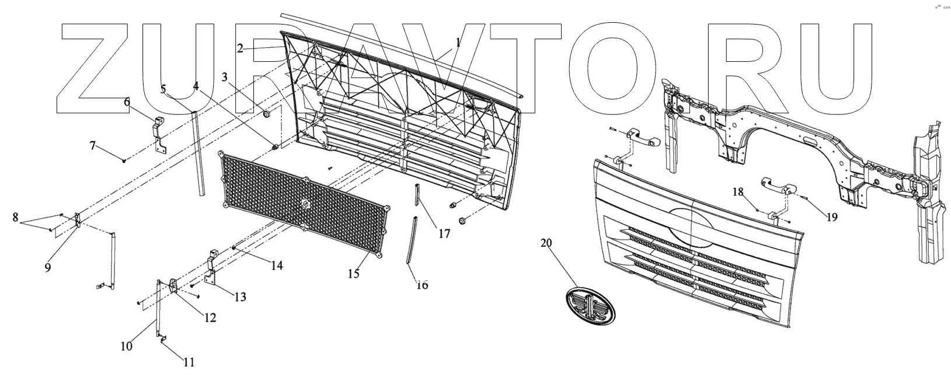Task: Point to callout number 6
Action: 127,101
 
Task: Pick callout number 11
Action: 188,362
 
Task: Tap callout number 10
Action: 127,346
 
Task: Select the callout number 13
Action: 239,297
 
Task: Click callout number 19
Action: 832,217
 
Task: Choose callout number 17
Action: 444,234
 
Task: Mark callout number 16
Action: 422,285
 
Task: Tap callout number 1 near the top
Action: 458,43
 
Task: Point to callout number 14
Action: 277,265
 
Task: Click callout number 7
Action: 93,145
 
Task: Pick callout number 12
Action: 210,318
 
